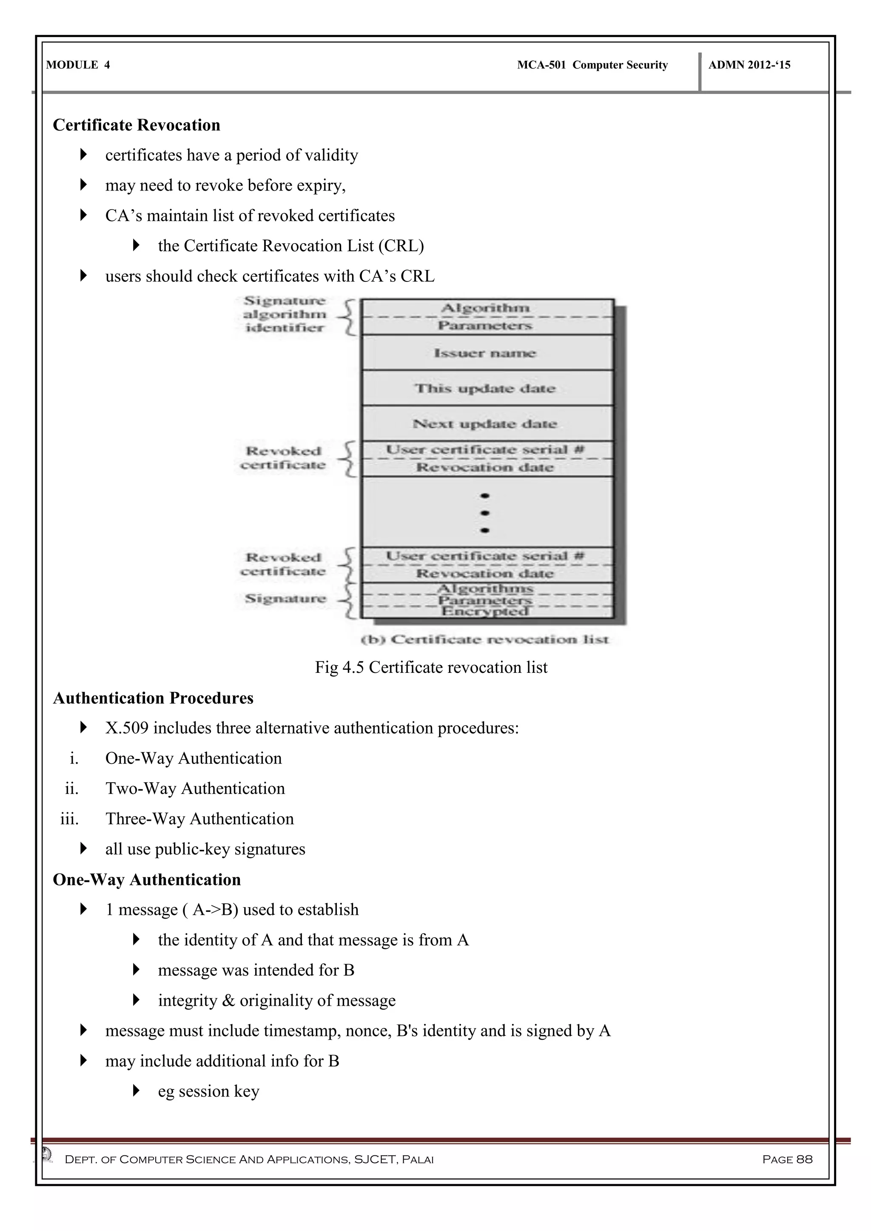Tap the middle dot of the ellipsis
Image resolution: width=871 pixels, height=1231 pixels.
(x=485, y=513)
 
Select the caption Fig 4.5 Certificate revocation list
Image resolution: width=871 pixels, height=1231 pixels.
(x=431, y=667)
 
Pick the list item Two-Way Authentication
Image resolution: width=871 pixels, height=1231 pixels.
(x=195, y=788)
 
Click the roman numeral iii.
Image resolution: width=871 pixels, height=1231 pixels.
(x=70, y=819)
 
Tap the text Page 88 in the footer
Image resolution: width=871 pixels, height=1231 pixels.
(x=787, y=1159)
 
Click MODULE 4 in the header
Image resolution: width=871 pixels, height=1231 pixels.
(x=78, y=65)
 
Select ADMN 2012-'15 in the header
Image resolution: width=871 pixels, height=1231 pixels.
(x=749, y=65)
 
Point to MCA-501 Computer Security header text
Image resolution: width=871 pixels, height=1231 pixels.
(x=592, y=65)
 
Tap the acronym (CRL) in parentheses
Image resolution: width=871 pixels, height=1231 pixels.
(x=401, y=246)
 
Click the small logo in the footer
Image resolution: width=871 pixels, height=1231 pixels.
(x=47, y=1153)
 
